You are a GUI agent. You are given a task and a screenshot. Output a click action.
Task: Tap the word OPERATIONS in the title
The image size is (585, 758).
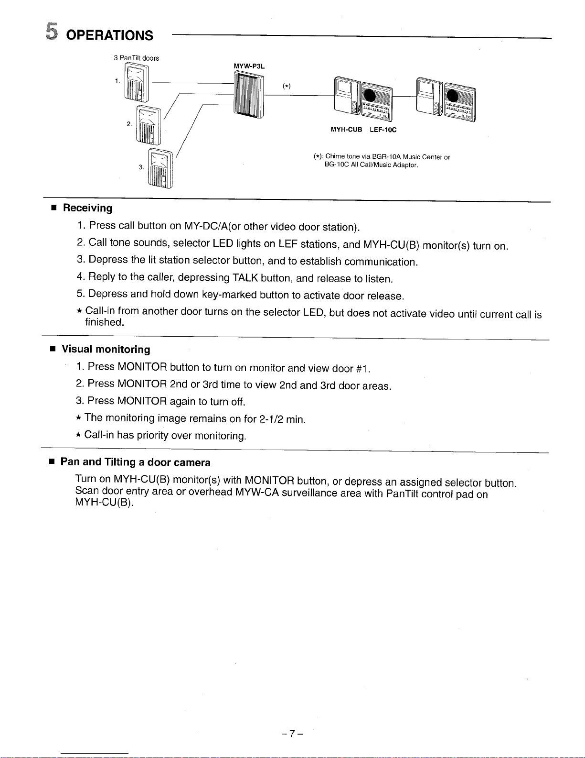coord(110,35)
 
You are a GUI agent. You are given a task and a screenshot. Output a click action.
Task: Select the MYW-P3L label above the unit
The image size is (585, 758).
coord(249,66)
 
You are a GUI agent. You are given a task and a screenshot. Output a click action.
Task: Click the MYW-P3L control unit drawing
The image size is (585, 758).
coord(249,94)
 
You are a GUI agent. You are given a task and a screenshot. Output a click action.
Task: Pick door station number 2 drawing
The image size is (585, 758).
coord(149,124)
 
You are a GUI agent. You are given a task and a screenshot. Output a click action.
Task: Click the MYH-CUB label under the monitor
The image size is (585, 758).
coord(346,130)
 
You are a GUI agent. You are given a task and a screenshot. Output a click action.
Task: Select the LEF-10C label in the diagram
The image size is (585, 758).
coord(383,130)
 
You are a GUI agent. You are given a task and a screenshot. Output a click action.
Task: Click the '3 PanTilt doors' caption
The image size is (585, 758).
coord(136,58)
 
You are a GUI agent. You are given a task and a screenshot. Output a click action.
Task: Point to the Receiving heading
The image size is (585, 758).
coord(88,208)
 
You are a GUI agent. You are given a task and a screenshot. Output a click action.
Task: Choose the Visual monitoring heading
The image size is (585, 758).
coord(106,350)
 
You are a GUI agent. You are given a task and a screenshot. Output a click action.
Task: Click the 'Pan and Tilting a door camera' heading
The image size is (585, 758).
coord(136,462)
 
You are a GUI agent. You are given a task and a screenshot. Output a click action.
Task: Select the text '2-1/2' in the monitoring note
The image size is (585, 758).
coord(271,419)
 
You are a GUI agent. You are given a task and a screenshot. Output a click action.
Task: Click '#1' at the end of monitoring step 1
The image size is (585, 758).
coord(363,369)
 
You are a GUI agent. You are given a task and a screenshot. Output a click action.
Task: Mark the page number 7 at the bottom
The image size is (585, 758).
coord(292,734)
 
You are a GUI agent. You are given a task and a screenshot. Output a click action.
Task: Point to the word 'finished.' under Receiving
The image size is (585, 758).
coord(105,322)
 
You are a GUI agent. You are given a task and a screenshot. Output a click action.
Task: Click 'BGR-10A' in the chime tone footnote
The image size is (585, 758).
coord(386,157)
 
